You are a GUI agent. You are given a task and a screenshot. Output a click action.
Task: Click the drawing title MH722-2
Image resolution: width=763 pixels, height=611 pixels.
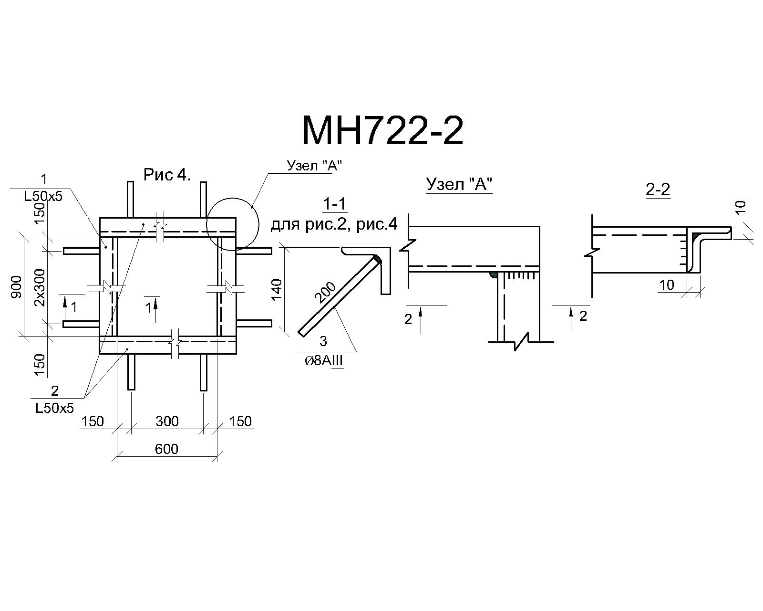[382, 131]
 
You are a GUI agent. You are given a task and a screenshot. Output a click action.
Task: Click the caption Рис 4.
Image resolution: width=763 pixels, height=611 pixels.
[167, 175]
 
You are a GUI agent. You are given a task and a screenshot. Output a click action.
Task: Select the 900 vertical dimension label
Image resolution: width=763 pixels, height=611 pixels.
[16, 287]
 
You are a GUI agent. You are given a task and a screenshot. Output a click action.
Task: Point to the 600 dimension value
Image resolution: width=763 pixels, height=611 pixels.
[166, 449]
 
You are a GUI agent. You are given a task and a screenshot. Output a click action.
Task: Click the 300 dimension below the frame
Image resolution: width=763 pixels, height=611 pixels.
[167, 421]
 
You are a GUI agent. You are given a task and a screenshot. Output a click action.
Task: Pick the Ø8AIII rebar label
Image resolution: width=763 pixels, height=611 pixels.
[324, 361]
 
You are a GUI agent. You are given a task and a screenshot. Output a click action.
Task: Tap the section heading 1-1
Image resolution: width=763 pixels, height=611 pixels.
[334, 204]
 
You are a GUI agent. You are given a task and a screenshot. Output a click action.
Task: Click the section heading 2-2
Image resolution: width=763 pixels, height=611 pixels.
[658, 190]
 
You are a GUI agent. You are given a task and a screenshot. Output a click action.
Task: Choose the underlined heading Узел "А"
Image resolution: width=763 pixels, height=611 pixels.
[459, 185]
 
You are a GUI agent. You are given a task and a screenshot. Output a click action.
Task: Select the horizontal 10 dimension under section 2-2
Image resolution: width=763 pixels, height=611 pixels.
[667, 284]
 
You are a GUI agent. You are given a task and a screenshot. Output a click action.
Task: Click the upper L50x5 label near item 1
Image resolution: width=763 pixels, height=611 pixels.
[43, 196]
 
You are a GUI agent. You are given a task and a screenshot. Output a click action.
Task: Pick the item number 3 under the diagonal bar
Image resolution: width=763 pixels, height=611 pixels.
[323, 341]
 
